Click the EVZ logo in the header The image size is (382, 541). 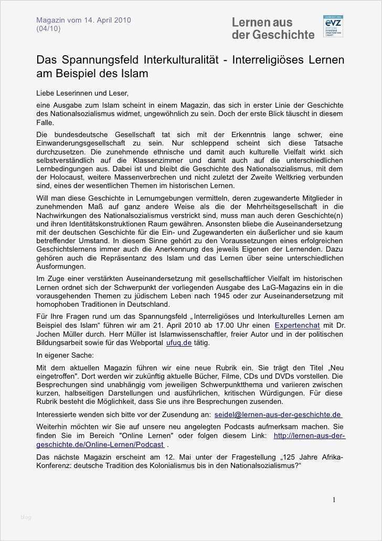pyautogui.click(x=333, y=26)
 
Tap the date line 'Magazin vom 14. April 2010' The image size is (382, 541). pyautogui.click(x=83, y=20)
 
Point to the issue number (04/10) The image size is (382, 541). pyautogui.click(x=48, y=28)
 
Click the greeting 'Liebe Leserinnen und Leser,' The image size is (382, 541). pyautogui.click(x=82, y=93)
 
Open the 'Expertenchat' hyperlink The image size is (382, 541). pyautogui.click(x=297, y=325)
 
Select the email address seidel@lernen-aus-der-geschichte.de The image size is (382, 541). pyautogui.click(x=278, y=414)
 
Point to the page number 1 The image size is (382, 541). pyautogui.click(x=334, y=500)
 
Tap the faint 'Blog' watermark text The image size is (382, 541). pyautogui.click(x=26, y=517)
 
